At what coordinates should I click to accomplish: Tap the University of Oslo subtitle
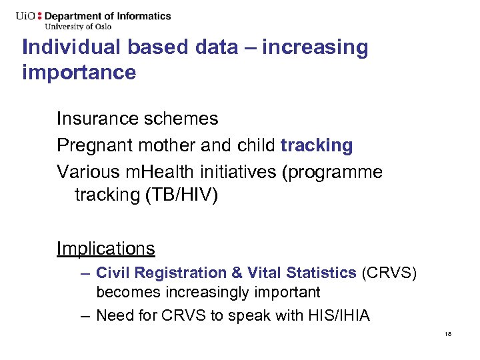tap(77, 27)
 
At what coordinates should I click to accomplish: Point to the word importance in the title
tap(79, 71)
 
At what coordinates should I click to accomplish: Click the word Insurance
tap(93, 119)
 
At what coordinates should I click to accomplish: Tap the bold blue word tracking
tap(317, 145)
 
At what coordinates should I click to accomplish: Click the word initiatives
tap(239, 172)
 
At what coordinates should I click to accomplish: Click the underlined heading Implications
tap(105, 249)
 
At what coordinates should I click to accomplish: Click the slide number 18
tap(447, 333)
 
